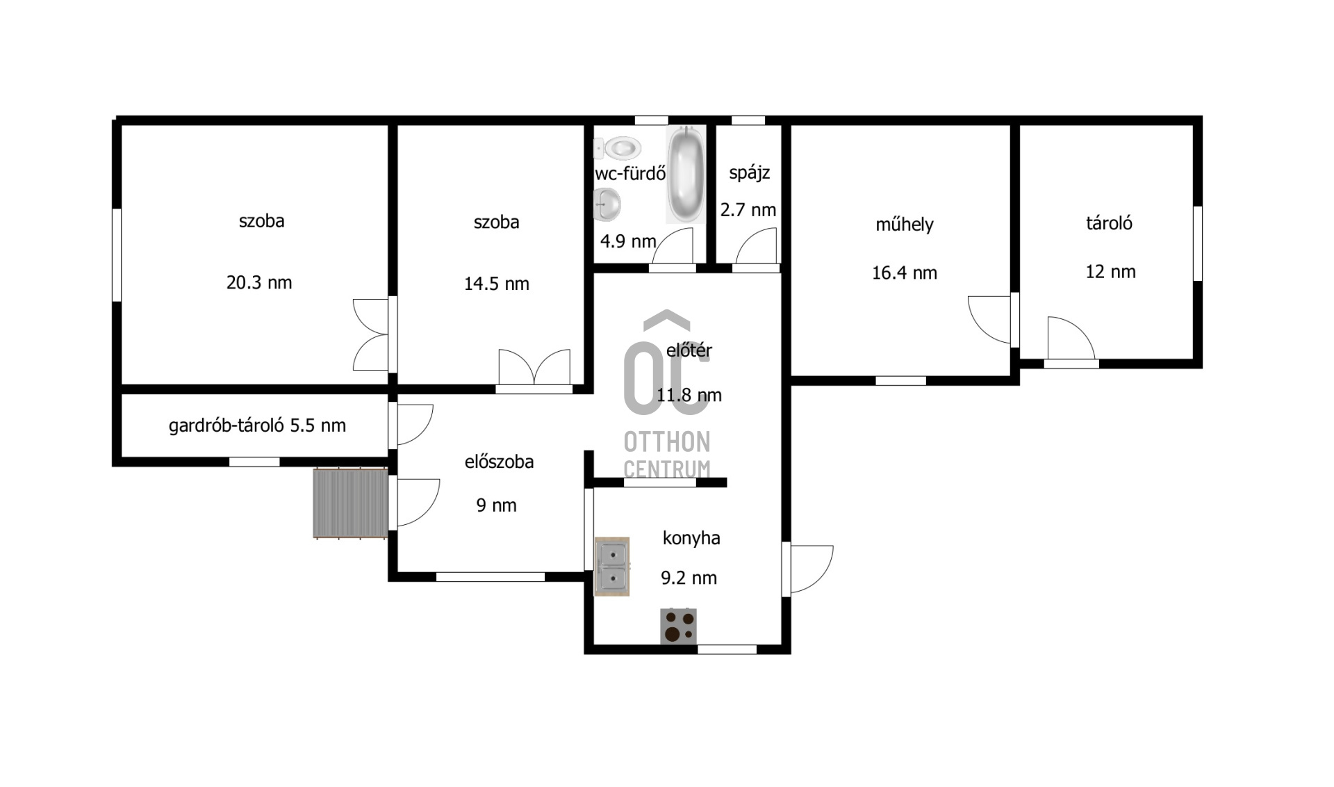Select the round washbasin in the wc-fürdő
pyautogui.click(x=607, y=204)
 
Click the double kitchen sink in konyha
pyautogui.click(x=612, y=567)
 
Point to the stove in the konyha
pyautogui.click(x=678, y=626)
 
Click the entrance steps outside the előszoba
pyautogui.click(x=350, y=503)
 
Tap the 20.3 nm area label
pyautogui.click(x=259, y=283)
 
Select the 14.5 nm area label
pyautogui.click(x=497, y=284)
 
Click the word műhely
pyautogui.click(x=905, y=225)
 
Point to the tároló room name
pyautogui.click(x=1110, y=223)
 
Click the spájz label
pyautogui.click(x=750, y=173)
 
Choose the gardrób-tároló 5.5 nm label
pyautogui.click(x=257, y=425)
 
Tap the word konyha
pyautogui.click(x=691, y=538)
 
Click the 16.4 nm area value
pyautogui.click(x=905, y=273)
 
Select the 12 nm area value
pyautogui.click(x=1110, y=272)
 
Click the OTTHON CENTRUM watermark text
pyautogui.click(x=667, y=455)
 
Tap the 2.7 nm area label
pyautogui.click(x=748, y=210)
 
